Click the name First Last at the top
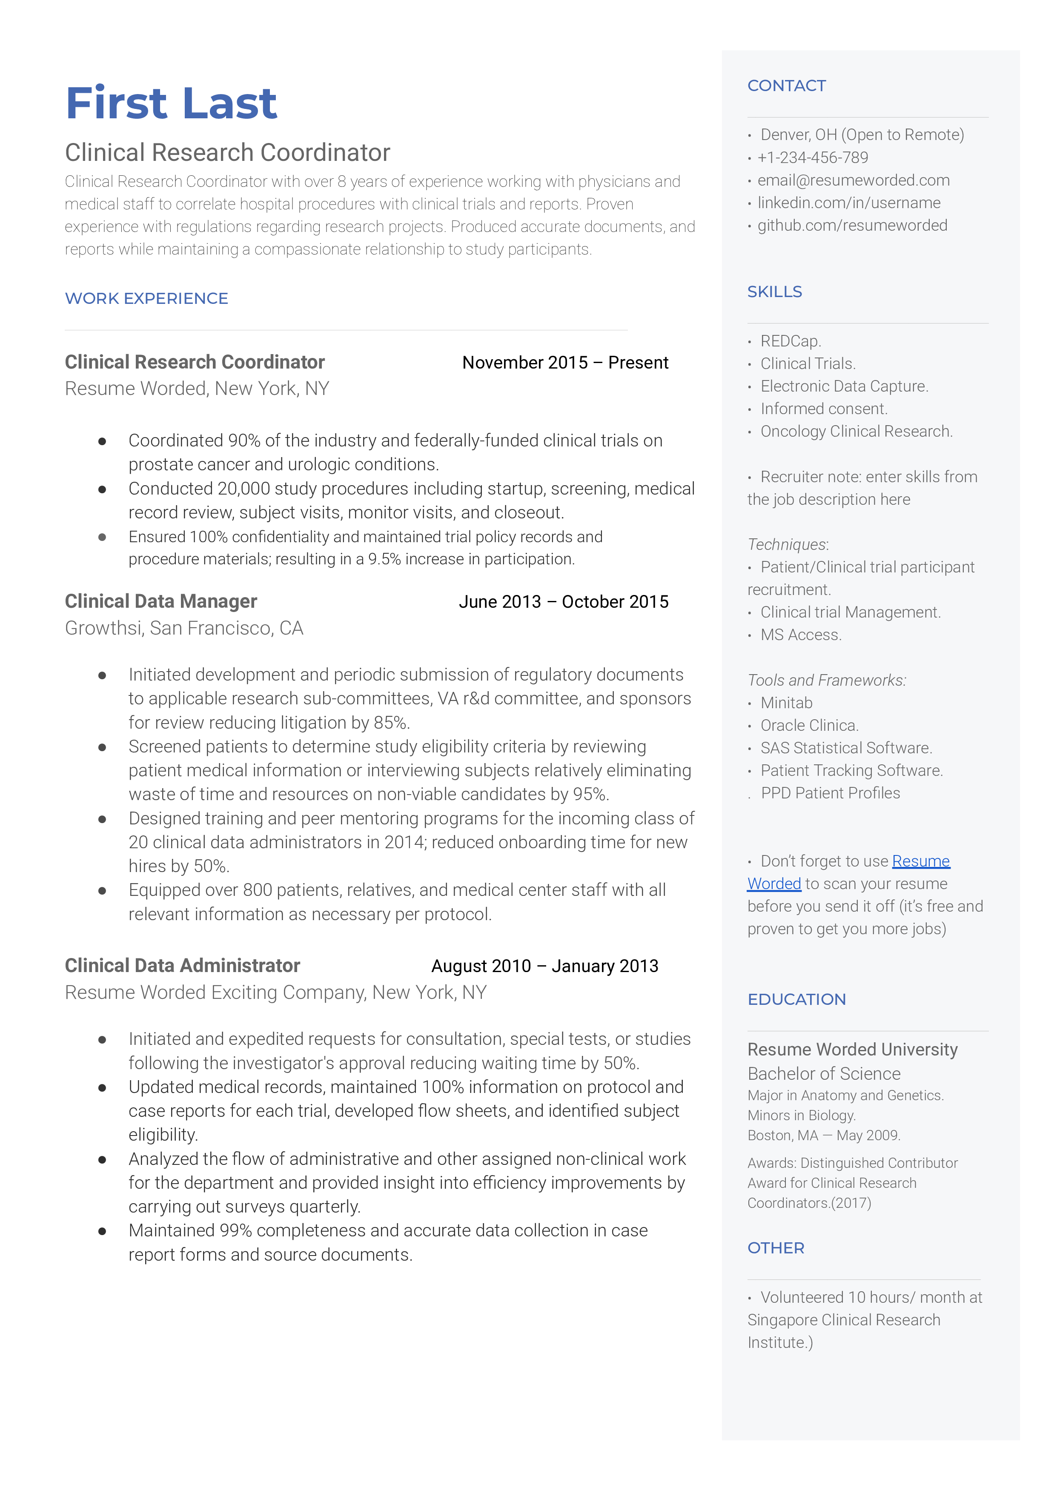tap(171, 103)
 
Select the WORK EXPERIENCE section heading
tap(146, 299)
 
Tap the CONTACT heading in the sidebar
tap(786, 86)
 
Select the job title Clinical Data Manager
tap(161, 601)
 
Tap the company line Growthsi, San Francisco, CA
tap(184, 629)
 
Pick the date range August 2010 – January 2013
tap(545, 966)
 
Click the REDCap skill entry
tap(790, 341)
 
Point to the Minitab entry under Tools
tap(786, 703)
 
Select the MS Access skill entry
tap(801, 635)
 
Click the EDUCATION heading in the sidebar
tap(796, 999)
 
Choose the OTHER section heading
tap(776, 1248)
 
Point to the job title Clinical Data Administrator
tap(182, 965)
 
